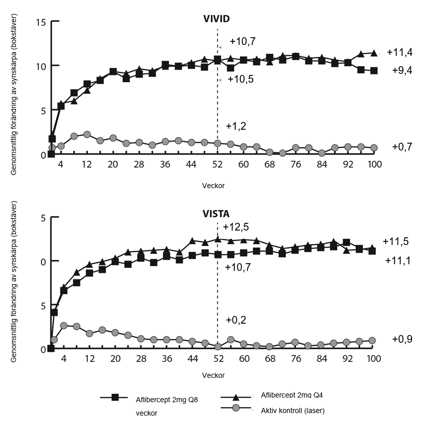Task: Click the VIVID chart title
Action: [216, 19]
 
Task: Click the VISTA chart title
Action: [216, 212]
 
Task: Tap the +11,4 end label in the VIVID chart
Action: [399, 52]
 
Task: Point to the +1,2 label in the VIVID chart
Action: [236, 126]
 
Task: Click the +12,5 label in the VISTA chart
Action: [236, 227]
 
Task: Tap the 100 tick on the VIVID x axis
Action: [374, 165]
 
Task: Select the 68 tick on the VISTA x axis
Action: [270, 359]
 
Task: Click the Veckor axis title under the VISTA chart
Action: [213, 375]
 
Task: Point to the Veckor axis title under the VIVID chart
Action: [213, 185]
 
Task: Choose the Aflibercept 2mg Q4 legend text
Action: [293, 395]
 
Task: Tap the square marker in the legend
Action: [115, 397]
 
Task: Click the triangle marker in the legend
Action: [235, 397]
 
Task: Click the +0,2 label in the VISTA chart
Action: [236, 319]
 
